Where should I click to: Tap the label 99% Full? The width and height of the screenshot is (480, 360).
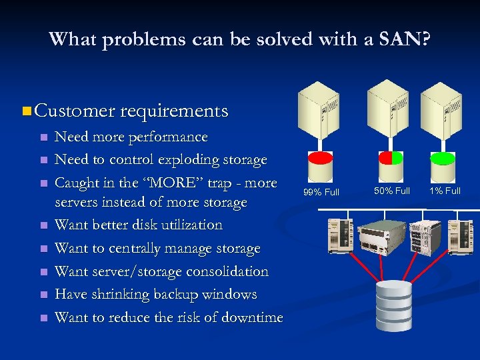click(x=321, y=192)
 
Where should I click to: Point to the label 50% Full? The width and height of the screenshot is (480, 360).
click(x=392, y=191)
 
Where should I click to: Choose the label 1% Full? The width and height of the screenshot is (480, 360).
click(x=445, y=191)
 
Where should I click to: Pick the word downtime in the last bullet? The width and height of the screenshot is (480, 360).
click(x=252, y=317)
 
